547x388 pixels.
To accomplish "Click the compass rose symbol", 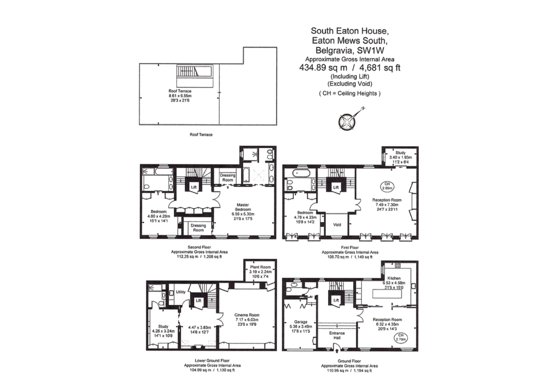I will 347,121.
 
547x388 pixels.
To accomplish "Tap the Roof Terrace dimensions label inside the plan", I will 180,96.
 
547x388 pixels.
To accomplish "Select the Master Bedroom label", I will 243,207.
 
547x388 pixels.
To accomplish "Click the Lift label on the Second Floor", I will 194,187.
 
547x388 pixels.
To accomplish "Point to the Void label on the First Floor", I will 337,225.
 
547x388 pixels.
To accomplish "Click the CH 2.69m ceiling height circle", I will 387,186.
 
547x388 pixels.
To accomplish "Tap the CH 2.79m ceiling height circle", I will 401,337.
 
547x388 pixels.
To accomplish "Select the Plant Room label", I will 260,267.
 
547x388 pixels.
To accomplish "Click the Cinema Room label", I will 247,315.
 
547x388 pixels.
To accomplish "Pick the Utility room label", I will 181,292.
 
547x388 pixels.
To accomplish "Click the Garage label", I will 301,322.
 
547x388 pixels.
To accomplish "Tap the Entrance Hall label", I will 337,335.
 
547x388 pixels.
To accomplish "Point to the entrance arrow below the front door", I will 337,352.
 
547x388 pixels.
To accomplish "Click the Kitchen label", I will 394,278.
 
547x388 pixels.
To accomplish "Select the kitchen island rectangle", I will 387,294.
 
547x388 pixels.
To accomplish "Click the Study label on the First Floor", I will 400,153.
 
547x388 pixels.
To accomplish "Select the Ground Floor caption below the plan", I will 349,361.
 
